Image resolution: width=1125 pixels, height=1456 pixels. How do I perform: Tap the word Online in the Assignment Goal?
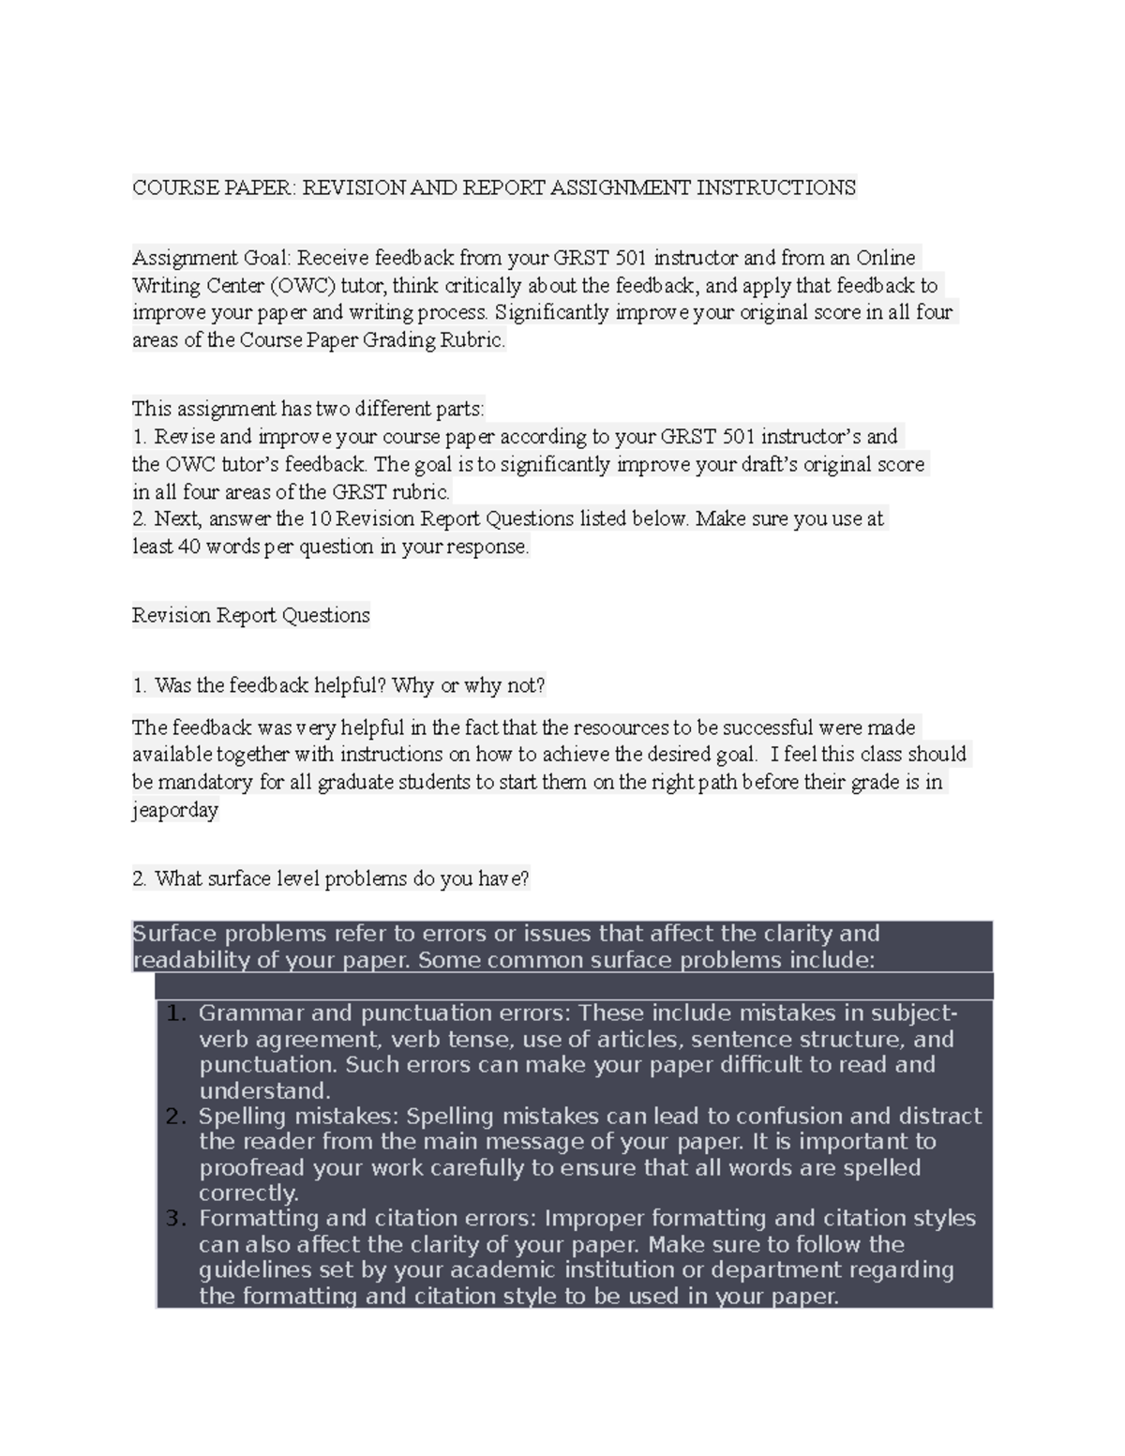click(886, 258)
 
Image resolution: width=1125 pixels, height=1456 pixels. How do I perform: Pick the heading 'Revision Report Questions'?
click(250, 616)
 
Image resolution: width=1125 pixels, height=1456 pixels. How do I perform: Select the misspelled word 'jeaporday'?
click(174, 810)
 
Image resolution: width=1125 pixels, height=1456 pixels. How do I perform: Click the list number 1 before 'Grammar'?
click(173, 1013)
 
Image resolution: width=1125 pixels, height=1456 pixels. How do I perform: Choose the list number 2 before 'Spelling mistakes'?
click(173, 1116)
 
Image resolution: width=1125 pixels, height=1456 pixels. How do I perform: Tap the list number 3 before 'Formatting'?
click(173, 1219)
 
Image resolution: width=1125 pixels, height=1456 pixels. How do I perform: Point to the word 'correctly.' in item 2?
click(248, 1193)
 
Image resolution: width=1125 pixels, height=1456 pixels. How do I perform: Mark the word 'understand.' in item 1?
click(264, 1091)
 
